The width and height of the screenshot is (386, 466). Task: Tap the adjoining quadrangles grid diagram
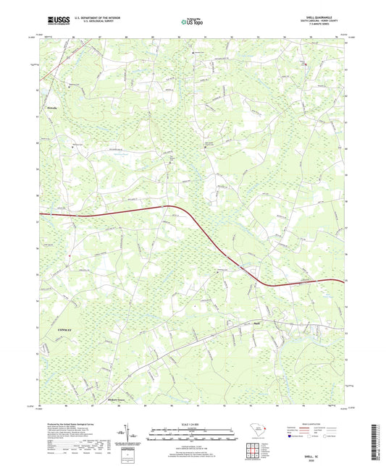pos(252,450)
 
